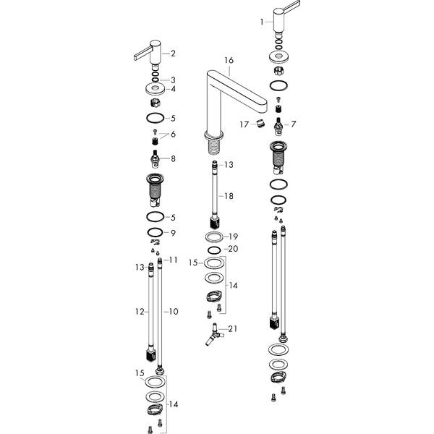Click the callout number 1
point(262,22)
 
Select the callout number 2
point(173,54)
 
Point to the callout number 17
point(245,124)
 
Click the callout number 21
point(231,330)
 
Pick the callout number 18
point(229,197)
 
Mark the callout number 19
point(233,237)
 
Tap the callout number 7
point(294,124)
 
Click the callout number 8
point(173,158)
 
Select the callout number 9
point(173,233)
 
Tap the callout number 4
point(173,89)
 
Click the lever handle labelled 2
point(149,54)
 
